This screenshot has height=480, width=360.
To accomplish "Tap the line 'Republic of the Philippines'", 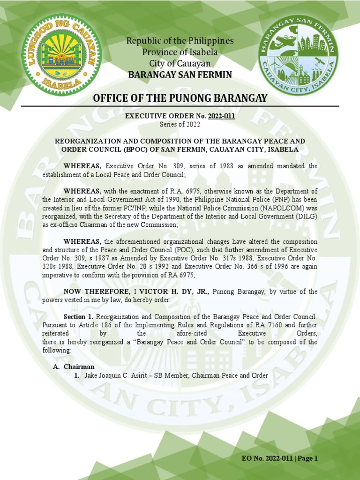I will pos(180,41).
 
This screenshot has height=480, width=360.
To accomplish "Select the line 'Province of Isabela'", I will pos(180,52).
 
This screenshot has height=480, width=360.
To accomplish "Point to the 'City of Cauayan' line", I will pos(180,63).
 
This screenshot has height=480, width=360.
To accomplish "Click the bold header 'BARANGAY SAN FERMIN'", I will pos(180,75).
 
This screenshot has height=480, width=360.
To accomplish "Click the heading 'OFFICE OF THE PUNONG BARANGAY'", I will pos(180,98).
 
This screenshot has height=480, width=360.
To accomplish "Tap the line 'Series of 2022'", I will pos(180,124).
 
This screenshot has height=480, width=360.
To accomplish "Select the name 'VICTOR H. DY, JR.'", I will pos(180,292).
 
